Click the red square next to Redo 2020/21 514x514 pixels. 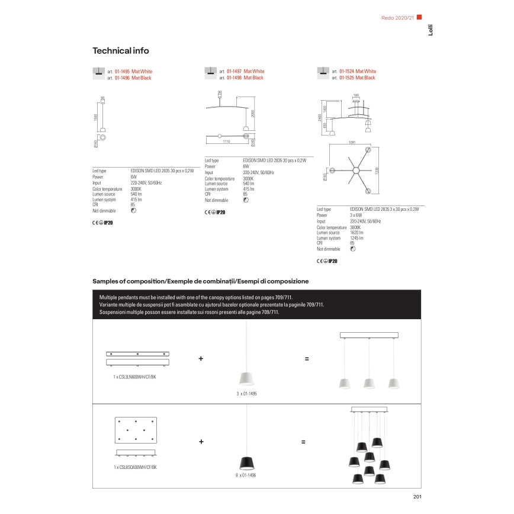click(419, 17)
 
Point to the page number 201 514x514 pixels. click(416, 497)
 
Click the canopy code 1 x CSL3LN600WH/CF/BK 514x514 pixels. click(136, 376)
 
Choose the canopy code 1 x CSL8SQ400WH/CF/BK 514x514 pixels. click(136, 467)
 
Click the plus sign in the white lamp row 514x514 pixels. click(201, 359)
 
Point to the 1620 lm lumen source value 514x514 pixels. click(356, 233)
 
